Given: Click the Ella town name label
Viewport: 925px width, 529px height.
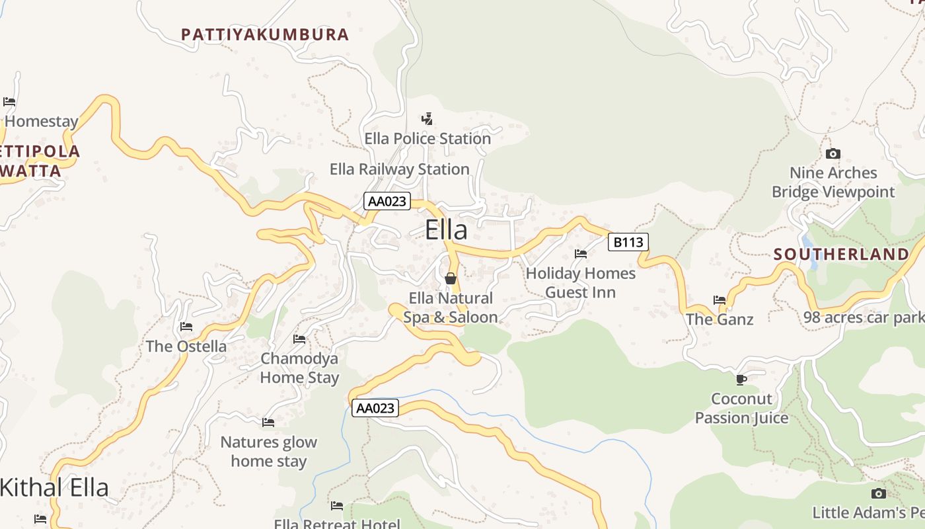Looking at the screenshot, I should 446,230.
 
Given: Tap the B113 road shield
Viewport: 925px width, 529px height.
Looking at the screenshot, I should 628,242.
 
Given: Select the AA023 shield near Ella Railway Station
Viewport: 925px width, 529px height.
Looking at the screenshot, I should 387,201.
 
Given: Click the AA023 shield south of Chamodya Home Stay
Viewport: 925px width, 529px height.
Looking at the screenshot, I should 375,408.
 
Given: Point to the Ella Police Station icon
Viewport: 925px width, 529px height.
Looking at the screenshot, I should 427,119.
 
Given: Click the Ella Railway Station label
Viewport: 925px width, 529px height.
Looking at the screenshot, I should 399,169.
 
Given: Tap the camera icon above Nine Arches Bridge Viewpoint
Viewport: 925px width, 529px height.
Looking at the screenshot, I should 832,153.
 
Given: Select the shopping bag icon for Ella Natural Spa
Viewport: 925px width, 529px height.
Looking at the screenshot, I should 451,278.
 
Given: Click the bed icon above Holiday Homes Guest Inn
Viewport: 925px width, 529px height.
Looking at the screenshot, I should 581,253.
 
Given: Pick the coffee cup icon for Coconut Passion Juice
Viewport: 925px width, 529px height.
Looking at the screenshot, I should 741,379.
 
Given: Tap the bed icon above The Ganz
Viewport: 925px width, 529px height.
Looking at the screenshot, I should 720,300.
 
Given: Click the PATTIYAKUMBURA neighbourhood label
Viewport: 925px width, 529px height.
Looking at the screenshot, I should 265,34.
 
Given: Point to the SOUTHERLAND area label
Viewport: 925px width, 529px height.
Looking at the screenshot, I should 841,255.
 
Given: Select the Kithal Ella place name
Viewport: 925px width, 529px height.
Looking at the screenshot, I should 54,488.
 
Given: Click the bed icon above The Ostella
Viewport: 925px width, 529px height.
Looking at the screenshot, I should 186,326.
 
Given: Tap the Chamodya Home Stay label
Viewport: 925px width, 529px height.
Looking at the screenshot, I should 299,368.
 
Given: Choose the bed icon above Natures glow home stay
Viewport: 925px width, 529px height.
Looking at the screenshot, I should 268,422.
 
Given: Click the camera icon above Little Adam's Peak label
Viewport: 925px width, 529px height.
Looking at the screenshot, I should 879,493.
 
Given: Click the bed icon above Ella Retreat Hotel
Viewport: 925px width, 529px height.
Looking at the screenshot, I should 337,506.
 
